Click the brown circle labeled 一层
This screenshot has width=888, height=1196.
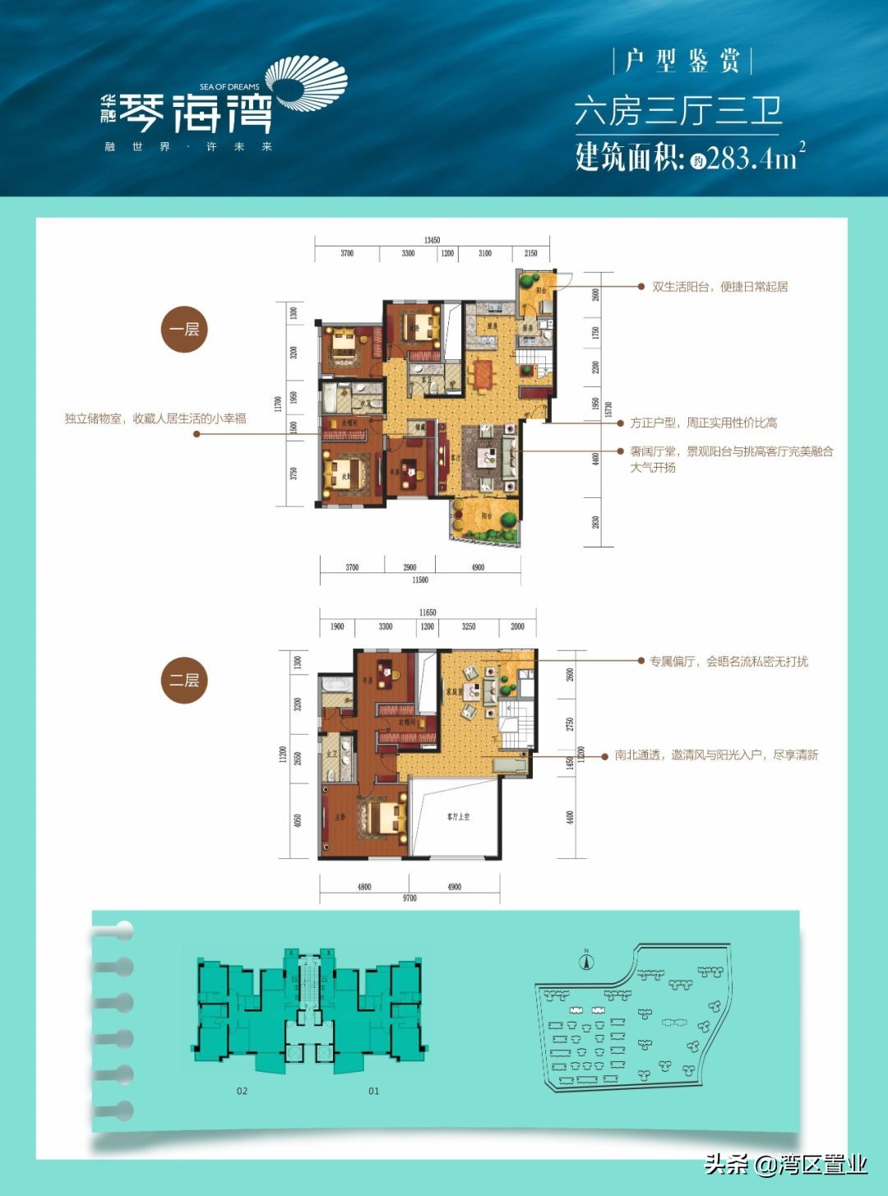[184, 330]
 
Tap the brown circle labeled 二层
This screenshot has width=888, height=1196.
[184, 681]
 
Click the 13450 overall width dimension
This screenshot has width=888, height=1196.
[432, 240]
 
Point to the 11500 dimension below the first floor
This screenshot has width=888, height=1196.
[419, 580]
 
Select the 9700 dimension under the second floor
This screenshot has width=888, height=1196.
[409, 898]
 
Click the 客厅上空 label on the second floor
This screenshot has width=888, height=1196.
[458, 817]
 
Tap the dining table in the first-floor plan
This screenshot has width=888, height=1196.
[481, 374]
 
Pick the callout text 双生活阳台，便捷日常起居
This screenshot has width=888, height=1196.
[719, 287]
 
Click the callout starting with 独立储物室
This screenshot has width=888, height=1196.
[155, 418]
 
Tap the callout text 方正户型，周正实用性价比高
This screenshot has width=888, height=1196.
[703, 423]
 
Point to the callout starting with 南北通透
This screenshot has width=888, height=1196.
[716, 755]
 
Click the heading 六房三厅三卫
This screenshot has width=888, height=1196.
[678, 111]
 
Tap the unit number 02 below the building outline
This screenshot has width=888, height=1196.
[242, 1091]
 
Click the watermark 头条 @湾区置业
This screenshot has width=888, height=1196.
[785, 1164]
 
